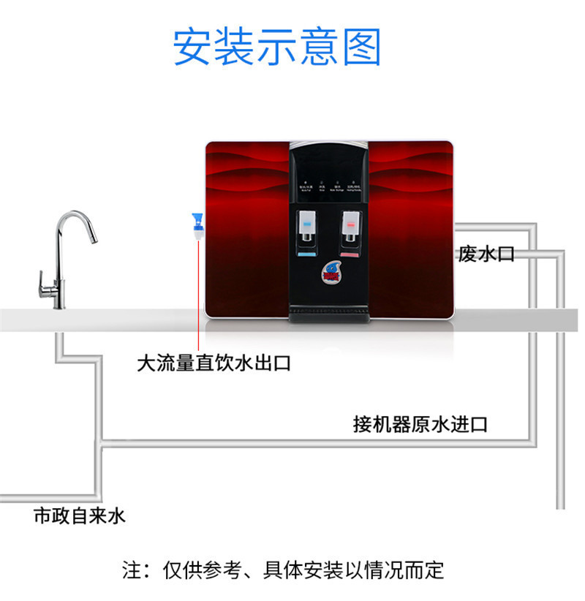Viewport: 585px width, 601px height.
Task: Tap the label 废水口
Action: tap(486, 254)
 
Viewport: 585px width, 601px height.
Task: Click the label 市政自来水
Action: tap(80, 516)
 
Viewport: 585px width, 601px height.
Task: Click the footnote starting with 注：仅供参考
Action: tap(282, 570)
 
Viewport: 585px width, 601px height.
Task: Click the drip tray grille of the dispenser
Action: tap(329, 314)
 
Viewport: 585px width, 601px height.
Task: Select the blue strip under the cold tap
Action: tap(308, 256)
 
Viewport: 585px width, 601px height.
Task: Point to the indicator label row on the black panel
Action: tap(329, 187)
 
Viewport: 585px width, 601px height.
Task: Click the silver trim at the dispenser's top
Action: tap(329, 144)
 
